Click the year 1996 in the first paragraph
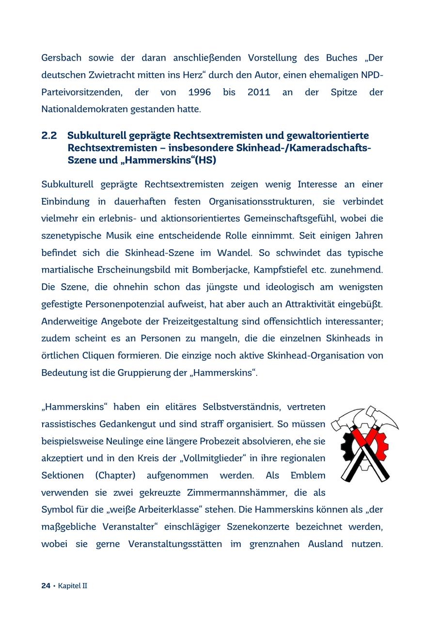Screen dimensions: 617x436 point(200,92)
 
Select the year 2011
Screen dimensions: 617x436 point(259,92)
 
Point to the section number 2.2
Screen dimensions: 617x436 point(49,135)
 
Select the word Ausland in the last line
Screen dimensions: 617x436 point(325,544)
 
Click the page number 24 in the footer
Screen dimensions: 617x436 point(46,586)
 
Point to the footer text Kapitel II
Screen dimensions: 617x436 point(73,586)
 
